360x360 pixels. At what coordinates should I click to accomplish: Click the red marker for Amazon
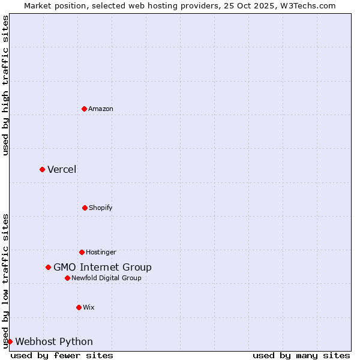(x=84, y=109)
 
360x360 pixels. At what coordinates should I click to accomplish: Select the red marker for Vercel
(x=42, y=169)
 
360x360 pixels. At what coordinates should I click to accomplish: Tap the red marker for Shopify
(x=85, y=208)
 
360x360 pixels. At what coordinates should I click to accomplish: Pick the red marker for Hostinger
(x=82, y=252)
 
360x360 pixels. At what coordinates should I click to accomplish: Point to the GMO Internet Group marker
(x=48, y=267)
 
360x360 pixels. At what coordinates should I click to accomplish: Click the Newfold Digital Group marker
(x=67, y=278)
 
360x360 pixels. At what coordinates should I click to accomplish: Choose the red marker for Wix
(x=79, y=307)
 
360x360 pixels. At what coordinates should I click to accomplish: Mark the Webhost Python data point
(x=10, y=341)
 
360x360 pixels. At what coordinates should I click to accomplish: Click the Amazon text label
(x=101, y=109)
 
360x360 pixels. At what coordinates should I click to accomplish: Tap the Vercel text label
(x=62, y=169)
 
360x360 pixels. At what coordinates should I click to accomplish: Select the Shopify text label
(x=101, y=208)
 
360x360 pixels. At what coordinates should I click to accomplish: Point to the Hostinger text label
(x=101, y=252)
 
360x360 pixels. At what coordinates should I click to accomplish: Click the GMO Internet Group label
(x=103, y=267)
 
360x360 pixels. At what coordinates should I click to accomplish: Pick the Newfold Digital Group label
(x=106, y=278)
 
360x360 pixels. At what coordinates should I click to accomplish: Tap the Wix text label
(x=89, y=307)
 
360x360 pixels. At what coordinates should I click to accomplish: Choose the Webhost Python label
(x=54, y=341)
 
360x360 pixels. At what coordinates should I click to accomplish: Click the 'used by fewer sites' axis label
(x=62, y=355)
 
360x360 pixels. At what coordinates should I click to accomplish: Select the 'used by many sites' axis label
(x=301, y=355)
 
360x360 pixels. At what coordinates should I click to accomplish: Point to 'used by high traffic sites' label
(x=5, y=85)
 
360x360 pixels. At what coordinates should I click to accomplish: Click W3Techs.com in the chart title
(x=307, y=5)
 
